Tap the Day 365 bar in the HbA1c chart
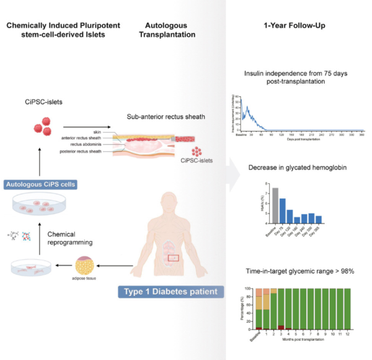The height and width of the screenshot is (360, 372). (x=319, y=219)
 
